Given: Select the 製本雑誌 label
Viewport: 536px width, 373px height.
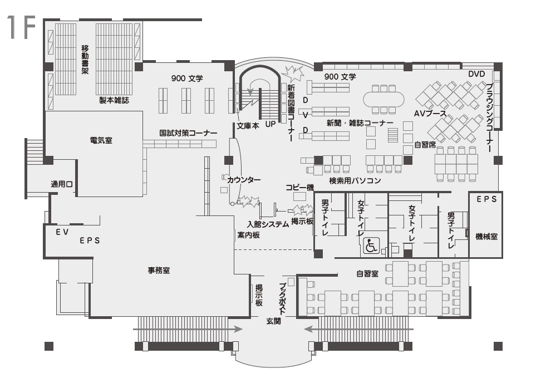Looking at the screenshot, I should [x=114, y=100].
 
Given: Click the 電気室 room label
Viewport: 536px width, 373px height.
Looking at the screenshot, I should [x=101, y=140].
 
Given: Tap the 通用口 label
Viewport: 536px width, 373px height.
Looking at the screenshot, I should [x=62, y=184].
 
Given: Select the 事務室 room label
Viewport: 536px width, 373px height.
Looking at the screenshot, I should [x=159, y=271].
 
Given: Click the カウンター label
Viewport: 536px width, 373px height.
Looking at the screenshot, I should [x=243, y=180].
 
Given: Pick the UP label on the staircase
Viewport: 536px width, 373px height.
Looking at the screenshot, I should [x=271, y=124].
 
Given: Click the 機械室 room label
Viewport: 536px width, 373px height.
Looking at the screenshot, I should [x=486, y=237].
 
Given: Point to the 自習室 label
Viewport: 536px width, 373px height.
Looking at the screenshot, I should [x=367, y=273].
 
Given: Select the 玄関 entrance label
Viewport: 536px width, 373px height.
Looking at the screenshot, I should [x=273, y=321].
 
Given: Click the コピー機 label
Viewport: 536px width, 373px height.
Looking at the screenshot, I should [x=300, y=188].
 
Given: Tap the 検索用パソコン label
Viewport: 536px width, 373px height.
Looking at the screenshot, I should [x=355, y=181].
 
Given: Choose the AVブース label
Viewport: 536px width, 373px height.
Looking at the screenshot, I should [x=431, y=113].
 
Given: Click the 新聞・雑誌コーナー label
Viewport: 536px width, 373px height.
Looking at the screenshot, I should [x=360, y=123].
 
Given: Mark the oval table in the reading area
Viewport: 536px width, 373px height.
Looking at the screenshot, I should [x=385, y=99].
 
